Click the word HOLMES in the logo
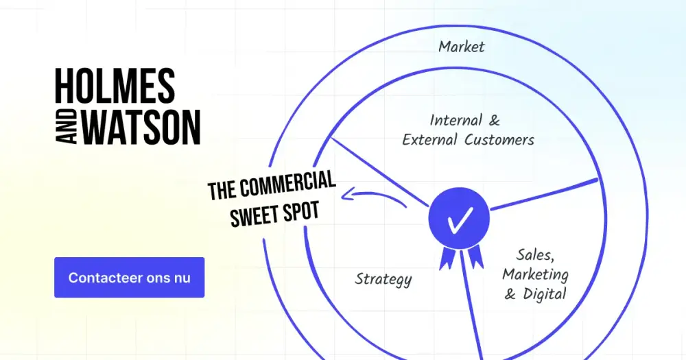tap(115, 86)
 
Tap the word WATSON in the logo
tap(141, 128)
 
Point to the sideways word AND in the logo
tap(67, 128)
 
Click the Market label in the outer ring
tap(462, 47)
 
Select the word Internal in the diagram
tap(450, 120)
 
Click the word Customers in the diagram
tap(499, 140)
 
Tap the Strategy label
tap(383, 280)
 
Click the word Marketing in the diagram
tap(536, 275)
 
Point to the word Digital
tap(545, 294)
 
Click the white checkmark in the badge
tap(460, 219)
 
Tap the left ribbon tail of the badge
tap(447, 258)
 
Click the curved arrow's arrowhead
tap(347, 195)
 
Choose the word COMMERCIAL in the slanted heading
tap(287, 184)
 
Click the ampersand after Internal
tap(495, 120)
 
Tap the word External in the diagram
tap(431, 140)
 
